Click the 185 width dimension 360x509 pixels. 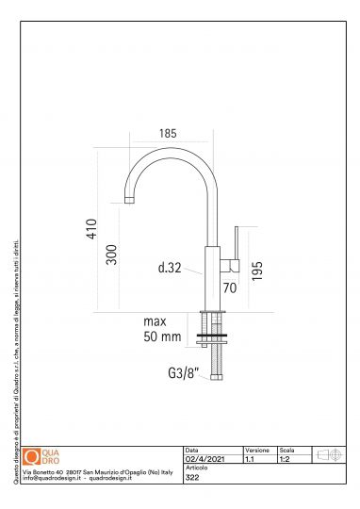tap(168, 134)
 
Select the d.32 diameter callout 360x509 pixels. tap(170, 268)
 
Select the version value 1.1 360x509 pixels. tap(249, 459)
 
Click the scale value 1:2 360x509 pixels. tap(283, 459)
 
